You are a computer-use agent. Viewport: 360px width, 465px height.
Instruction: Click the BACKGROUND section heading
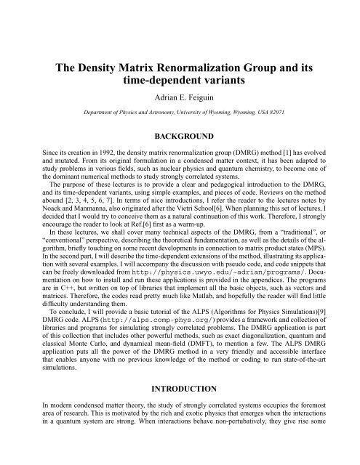180,136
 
